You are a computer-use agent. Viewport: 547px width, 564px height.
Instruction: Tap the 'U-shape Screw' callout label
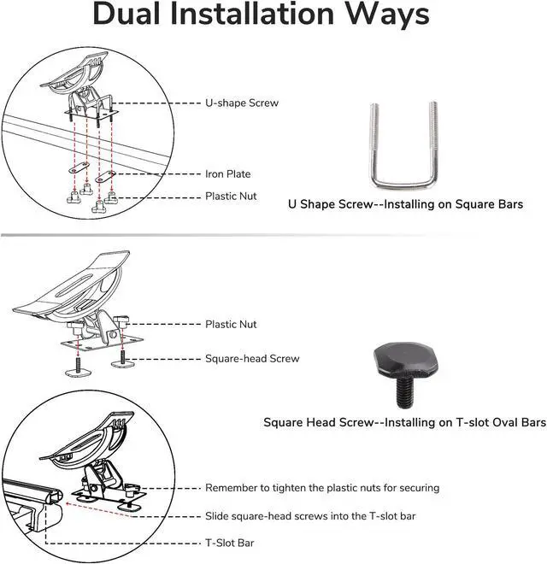point(242,103)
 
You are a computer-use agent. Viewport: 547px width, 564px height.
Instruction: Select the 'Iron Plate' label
point(228,173)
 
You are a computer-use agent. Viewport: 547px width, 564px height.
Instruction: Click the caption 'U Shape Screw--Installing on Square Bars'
point(405,205)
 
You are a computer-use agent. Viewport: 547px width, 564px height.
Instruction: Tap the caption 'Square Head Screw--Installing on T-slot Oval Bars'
point(404,423)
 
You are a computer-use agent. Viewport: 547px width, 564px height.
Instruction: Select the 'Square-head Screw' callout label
point(252,359)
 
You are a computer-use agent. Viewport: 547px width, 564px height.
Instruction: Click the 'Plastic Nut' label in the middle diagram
point(231,325)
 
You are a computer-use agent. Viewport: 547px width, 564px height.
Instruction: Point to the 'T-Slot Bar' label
point(229,543)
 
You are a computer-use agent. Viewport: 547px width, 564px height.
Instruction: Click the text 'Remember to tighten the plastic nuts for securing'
point(322,488)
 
